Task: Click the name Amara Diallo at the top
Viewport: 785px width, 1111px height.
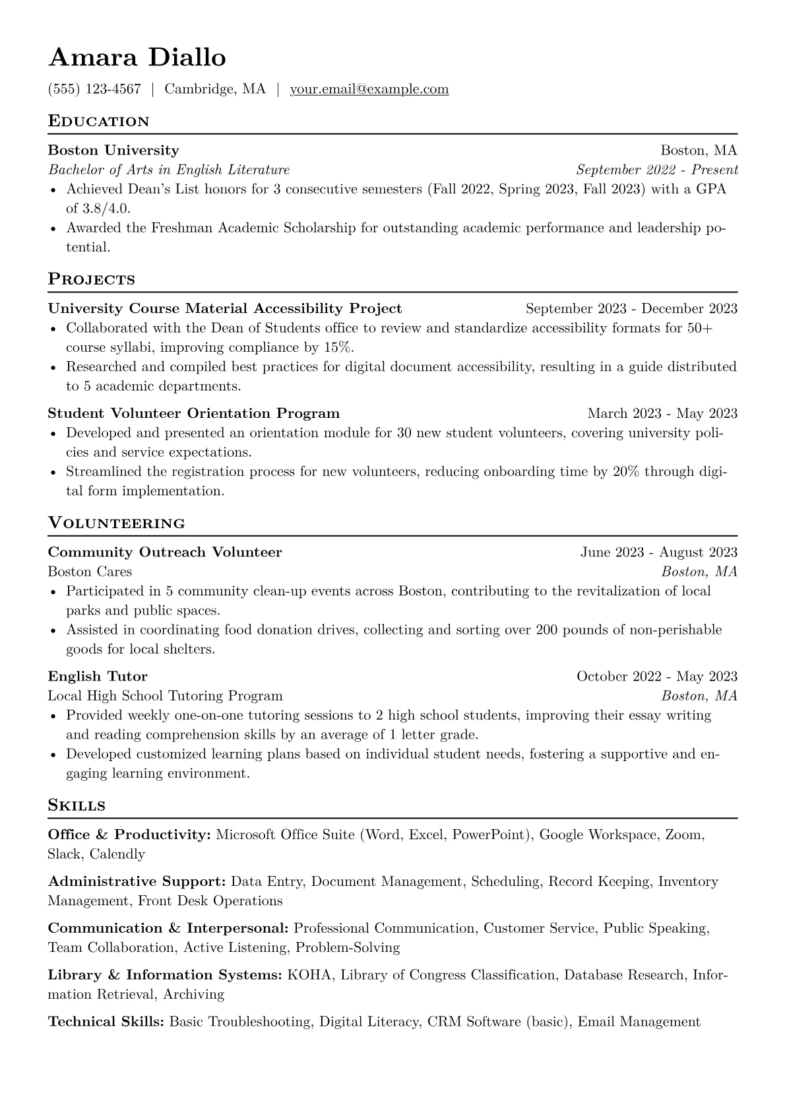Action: [x=137, y=58]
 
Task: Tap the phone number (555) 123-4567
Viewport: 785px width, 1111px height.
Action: [x=94, y=89]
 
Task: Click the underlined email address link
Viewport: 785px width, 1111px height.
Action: [x=369, y=89]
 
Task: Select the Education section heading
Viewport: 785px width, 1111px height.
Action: [x=99, y=121]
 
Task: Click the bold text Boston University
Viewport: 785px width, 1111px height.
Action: [x=113, y=151]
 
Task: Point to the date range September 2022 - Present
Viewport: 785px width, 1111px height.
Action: [x=656, y=170]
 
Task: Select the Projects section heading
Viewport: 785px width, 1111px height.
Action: [x=91, y=279]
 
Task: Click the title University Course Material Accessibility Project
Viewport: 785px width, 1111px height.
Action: [x=225, y=308]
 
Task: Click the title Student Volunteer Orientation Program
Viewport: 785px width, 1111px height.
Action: [x=194, y=413]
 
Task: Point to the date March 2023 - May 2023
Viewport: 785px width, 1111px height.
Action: [x=662, y=413]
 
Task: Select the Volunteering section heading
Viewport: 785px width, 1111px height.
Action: [x=116, y=523]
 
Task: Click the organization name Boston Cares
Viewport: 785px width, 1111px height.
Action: [x=90, y=571]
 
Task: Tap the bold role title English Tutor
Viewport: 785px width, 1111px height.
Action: [x=98, y=676]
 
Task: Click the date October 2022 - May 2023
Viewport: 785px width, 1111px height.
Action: [x=656, y=676]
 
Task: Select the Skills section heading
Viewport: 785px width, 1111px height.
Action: [x=77, y=805]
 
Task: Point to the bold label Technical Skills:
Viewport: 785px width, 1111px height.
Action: [x=106, y=1022]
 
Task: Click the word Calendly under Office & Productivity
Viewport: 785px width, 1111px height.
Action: [x=117, y=854]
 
